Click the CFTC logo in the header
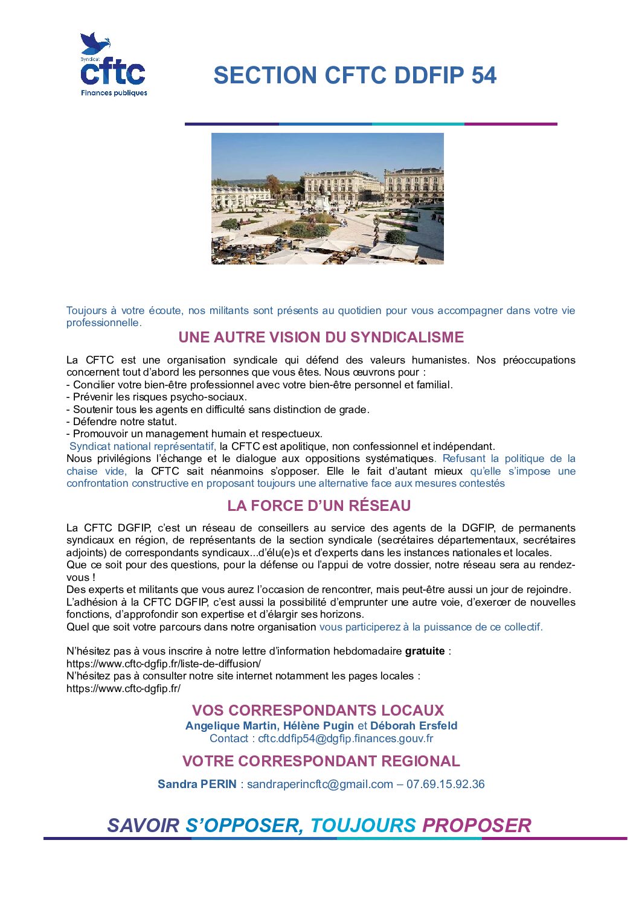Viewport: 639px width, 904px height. (x=114, y=65)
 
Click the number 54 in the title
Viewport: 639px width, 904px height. (x=484, y=75)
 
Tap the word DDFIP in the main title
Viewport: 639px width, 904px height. (x=428, y=75)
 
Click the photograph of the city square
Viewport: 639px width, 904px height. (x=327, y=198)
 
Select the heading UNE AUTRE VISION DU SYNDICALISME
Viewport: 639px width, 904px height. (x=321, y=337)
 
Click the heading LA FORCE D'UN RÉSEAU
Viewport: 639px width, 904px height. (x=319, y=505)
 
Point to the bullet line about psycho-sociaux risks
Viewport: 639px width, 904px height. (x=156, y=397)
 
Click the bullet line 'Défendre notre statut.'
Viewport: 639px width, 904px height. (x=121, y=422)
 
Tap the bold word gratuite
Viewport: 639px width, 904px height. (x=425, y=651)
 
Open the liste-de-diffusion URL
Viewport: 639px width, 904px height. (x=164, y=664)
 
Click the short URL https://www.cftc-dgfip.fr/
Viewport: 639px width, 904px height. (x=123, y=688)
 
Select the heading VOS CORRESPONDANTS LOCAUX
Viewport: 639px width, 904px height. (x=318, y=710)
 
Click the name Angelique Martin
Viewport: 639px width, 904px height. (x=231, y=726)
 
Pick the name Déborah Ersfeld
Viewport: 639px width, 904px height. (x=414, y=726)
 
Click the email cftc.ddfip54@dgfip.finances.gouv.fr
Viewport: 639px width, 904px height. (x=345, y=739)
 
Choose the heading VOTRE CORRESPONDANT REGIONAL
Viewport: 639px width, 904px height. (x=321, y=761)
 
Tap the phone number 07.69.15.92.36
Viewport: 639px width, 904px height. (x=445, y=784)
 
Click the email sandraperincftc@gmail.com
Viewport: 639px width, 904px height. (x=320, y=784)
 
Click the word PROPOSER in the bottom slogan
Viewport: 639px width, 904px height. (x=477, y=825)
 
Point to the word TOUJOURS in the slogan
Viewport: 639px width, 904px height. (x=363, y=825)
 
